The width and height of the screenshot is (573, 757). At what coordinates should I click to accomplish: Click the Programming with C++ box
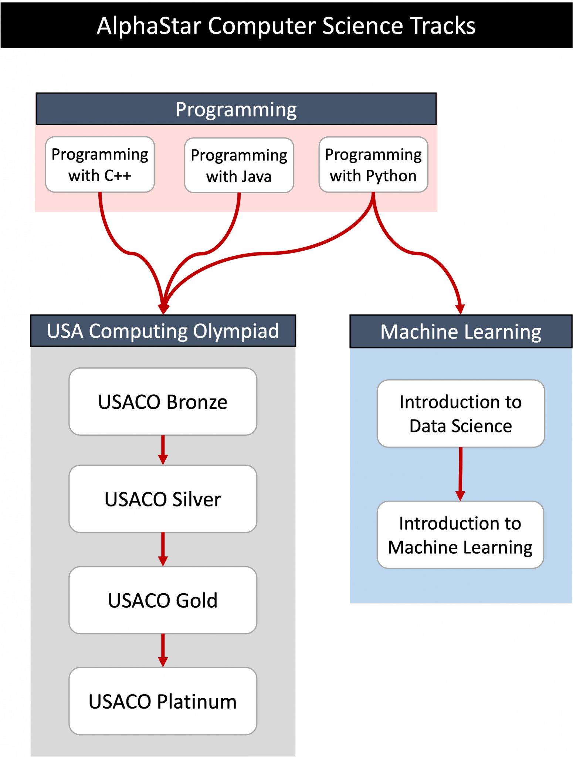100,164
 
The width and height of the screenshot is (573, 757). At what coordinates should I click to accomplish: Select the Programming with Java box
239,166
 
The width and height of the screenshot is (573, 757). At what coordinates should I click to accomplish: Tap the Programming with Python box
373,165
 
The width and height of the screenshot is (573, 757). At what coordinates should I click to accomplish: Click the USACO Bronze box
163,402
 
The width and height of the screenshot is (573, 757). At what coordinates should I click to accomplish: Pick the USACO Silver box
163,499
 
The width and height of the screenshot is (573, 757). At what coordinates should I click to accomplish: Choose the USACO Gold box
163,600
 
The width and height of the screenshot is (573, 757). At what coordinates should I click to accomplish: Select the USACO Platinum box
163,701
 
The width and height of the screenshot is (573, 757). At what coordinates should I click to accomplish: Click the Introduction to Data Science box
461,414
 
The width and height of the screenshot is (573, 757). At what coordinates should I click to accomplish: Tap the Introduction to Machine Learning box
460,535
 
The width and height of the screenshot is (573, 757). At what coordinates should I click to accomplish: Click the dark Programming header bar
236,109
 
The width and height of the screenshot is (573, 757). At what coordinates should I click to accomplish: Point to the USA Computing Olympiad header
163,331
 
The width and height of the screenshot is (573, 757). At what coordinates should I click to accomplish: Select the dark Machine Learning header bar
461,332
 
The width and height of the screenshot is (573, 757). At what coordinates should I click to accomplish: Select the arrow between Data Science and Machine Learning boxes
460,474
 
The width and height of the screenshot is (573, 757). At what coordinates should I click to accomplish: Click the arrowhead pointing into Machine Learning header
460,309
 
